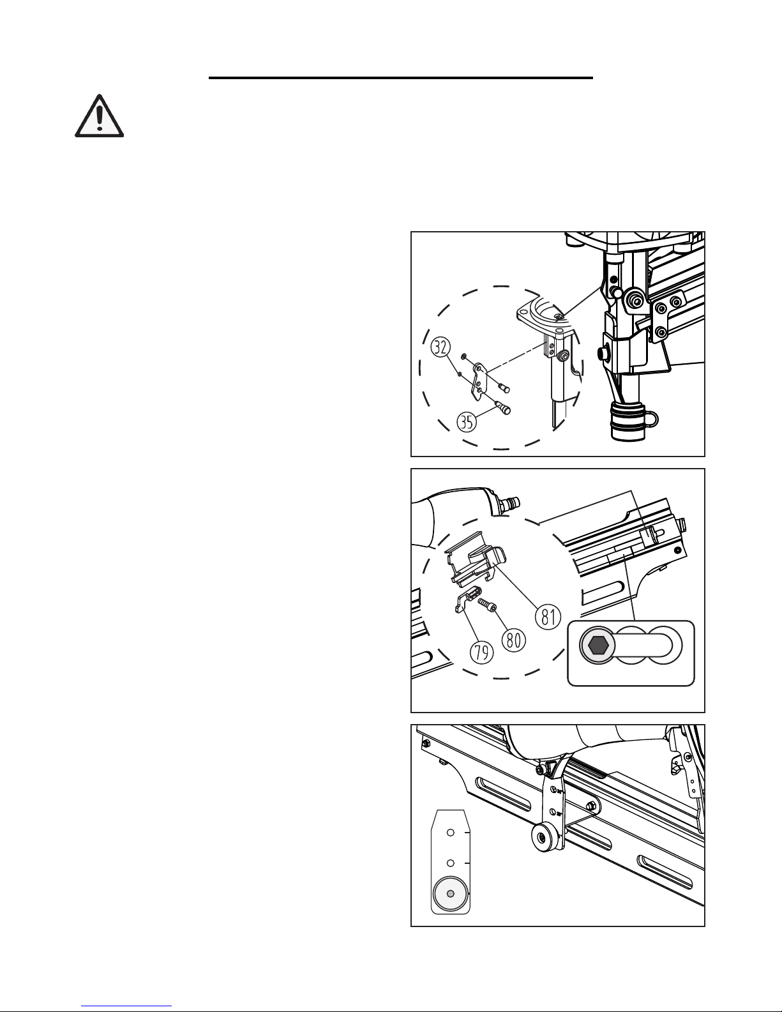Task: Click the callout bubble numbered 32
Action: pos(440,347)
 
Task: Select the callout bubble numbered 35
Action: pos(467,422)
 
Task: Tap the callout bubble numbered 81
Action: pos(548,617)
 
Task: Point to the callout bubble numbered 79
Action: pos(481,652)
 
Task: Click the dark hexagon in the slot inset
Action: pos(597,646)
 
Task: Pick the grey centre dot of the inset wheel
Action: pos(450,893)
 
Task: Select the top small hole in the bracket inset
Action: pos(450,832)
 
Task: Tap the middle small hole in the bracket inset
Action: pos(450,863)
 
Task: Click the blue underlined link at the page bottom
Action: pos(126,1006)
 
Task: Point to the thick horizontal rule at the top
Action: pos(401,78)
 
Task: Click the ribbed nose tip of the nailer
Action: pos(626,423)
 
